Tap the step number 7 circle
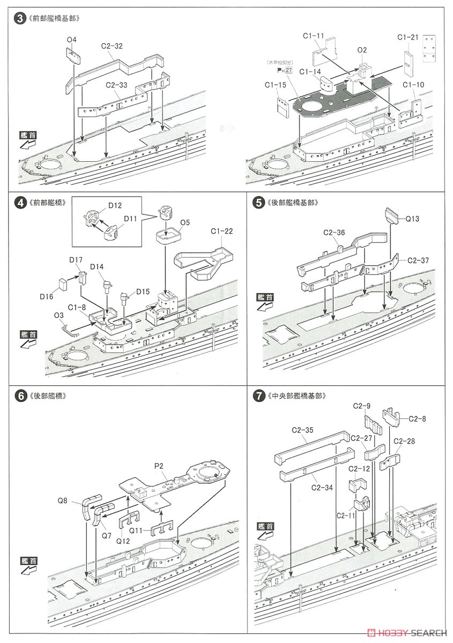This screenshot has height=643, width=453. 259,397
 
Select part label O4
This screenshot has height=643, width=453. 72,40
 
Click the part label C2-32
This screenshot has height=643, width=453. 113,46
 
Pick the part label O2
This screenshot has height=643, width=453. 362,50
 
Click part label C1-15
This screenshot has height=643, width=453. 275,85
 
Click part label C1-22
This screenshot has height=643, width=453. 221,231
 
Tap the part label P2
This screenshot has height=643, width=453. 159,466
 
